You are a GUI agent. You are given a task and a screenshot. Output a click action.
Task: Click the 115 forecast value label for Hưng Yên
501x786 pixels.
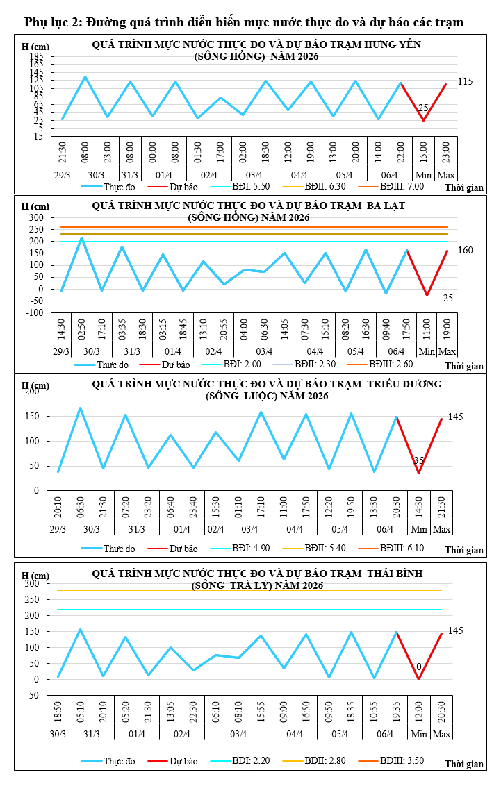pos(465,82)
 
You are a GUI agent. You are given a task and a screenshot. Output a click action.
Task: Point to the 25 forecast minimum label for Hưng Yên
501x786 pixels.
pos(422,108)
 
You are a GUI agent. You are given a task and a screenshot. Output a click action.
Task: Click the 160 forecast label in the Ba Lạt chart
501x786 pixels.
pos(465,250)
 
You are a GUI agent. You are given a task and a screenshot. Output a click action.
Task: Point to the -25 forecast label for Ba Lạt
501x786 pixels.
pos(446,298)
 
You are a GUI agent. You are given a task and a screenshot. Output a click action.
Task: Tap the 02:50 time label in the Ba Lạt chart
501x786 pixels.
pos(82,328)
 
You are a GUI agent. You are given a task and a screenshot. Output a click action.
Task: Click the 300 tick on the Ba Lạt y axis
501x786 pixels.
pos(37,217)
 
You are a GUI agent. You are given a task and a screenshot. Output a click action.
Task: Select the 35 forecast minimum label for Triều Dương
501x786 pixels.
pos(418,460)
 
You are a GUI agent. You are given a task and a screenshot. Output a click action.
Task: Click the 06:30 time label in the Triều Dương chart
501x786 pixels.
pos(81,506)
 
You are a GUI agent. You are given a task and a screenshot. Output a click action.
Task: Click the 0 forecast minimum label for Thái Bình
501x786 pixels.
pos(419,667)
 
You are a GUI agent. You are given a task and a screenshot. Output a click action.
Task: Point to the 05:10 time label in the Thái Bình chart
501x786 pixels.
pos(81,712)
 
